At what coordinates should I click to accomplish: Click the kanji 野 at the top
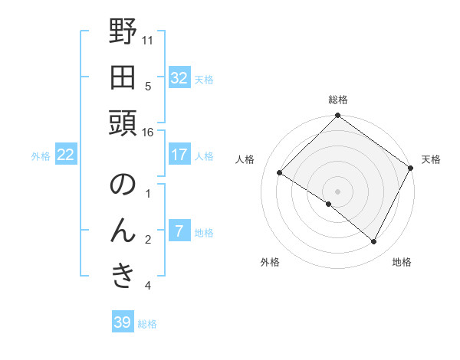coord(123,32)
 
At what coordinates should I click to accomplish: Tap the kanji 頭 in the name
coord(123,122)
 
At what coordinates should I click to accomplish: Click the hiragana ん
coord(123,231)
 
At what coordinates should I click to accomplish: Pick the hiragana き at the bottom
coord(123,276)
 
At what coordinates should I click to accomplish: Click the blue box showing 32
coord(179,78)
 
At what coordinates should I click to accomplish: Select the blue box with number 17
coord(179,155)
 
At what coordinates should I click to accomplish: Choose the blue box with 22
coord(66,155)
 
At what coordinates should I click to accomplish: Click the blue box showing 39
coord(122,322)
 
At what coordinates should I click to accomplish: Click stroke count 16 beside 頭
coord(148,132)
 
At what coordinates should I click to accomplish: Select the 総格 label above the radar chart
coord(338,100)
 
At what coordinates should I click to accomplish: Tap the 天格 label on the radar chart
coord(431,159)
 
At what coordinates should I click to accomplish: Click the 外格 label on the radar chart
coord(270,263)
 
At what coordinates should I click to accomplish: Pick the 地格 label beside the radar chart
coord(402,263)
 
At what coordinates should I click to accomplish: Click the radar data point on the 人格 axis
coord(280,173)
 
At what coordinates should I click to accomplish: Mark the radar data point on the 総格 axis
coord(338,116)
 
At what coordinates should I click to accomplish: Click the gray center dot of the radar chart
coord(338,191)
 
